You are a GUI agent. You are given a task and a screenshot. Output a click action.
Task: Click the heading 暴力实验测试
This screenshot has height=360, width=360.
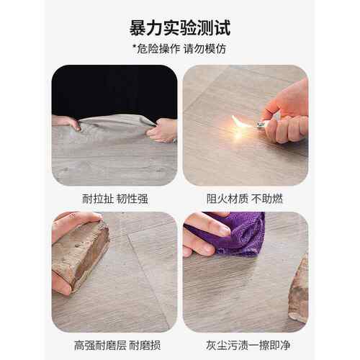click(x=180, y=28)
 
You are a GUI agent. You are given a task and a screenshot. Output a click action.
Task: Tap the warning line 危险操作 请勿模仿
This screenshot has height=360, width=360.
click(x=181, y=49)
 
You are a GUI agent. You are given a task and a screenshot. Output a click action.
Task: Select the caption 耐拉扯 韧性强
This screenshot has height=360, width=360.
click(x=115, y=199)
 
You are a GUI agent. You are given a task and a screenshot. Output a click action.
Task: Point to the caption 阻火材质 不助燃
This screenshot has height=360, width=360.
click(x=245, y=199)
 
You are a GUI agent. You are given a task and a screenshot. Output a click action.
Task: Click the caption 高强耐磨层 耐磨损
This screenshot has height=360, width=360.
click(x=117, y=346)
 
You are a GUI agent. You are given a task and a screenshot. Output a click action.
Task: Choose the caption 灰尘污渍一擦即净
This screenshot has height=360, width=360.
click(x=248, y=346)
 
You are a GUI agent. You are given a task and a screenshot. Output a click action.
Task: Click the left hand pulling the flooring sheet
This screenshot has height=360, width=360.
click(x=66, y=122)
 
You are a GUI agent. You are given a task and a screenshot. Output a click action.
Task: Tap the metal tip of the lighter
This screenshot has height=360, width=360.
click(x=261, y=125)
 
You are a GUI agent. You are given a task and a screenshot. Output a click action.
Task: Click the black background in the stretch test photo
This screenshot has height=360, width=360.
click(x=114, y=91)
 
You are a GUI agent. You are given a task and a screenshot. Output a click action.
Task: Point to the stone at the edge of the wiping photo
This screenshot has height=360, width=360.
click(x=299, y=288)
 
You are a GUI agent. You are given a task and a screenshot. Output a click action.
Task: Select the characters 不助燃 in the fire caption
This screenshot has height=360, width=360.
click(x=267, y=199)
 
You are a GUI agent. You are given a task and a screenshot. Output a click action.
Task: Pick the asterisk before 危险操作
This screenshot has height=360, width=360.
click(x=135, y=46)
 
